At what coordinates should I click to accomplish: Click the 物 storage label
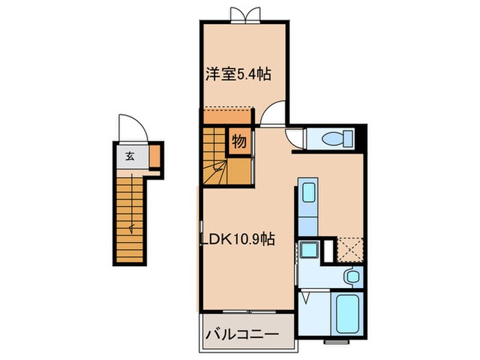(239, 142)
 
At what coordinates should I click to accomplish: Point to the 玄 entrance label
(129, 156)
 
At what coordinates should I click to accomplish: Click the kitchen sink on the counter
(308, 192)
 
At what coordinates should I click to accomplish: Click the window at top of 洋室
(245, 14)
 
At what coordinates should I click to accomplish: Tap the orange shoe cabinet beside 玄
(154, 157)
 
